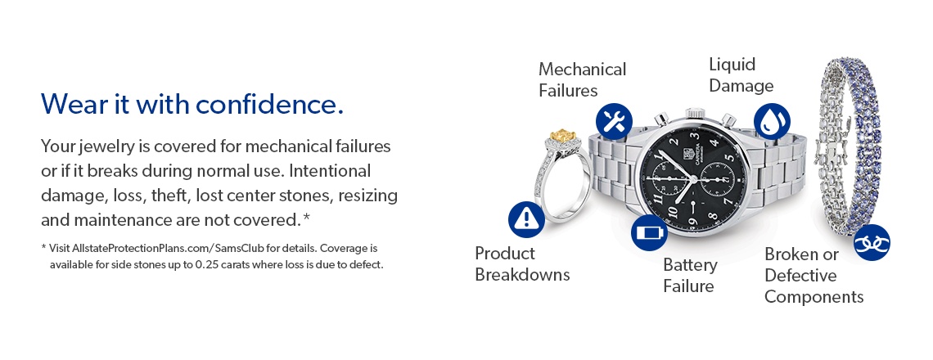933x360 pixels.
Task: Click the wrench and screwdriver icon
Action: (x=614, y=121)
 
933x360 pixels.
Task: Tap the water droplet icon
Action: (x=772, y=121)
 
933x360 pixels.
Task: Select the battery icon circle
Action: (x=649, y=232)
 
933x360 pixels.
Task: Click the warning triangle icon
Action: (x=526, y=219)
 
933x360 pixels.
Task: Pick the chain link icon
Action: (x=872, y=243)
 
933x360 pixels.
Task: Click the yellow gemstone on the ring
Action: (x=561, y=136)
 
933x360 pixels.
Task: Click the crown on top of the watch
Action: (x=695, y=113)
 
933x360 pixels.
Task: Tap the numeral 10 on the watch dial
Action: (x=672, y=212)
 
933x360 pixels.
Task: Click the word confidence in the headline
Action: (x=269, y=105)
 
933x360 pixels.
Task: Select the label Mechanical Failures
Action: (x=582, y=79)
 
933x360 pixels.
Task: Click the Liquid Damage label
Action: (x=741, y=75)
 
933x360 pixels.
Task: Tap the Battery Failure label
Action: (x=690, y=275)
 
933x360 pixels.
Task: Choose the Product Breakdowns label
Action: (x=522, y=264)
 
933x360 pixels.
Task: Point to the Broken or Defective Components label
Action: (x=814, y=275)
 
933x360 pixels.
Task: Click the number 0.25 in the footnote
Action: (x=206, y=264)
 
